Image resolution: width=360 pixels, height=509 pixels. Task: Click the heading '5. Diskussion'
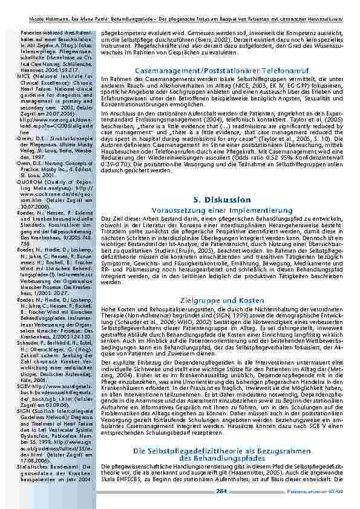coord(221,199)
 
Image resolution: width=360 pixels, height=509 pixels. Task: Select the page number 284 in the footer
coord(221,490)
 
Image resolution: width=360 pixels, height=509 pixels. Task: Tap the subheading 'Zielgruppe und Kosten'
coord(221,300)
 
